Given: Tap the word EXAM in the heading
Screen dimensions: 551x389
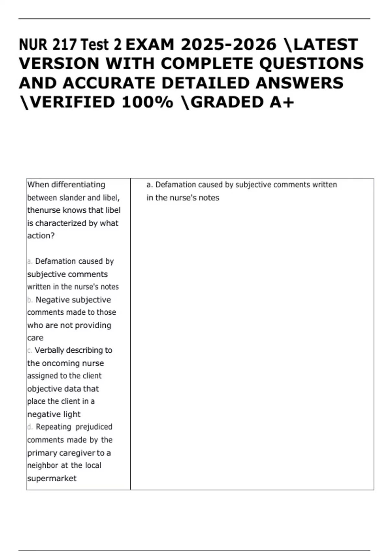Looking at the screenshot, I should (150, 45).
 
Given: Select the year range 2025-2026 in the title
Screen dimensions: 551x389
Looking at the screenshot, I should (229, 45).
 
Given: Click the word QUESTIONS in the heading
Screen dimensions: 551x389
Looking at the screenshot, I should (312, 64).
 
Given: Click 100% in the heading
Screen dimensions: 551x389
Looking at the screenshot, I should (147, 102).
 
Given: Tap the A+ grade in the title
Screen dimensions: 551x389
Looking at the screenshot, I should (282, 102).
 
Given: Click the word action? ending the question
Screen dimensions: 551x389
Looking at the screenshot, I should (41, 236).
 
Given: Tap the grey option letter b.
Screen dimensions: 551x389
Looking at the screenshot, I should (30, 300).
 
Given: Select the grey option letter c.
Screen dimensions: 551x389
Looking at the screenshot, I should (29, 351).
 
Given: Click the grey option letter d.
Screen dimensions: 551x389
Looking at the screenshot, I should (30, 427).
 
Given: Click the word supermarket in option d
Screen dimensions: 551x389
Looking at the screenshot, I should (52, 478).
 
